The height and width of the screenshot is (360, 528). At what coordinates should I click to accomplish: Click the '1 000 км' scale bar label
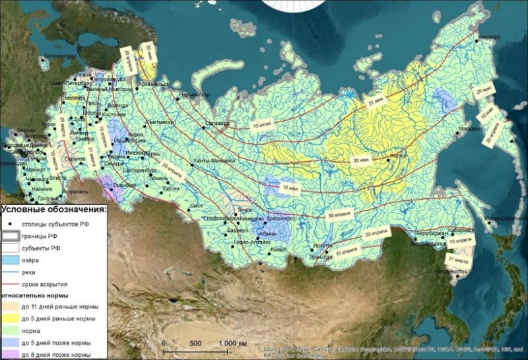tap(233, 343)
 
